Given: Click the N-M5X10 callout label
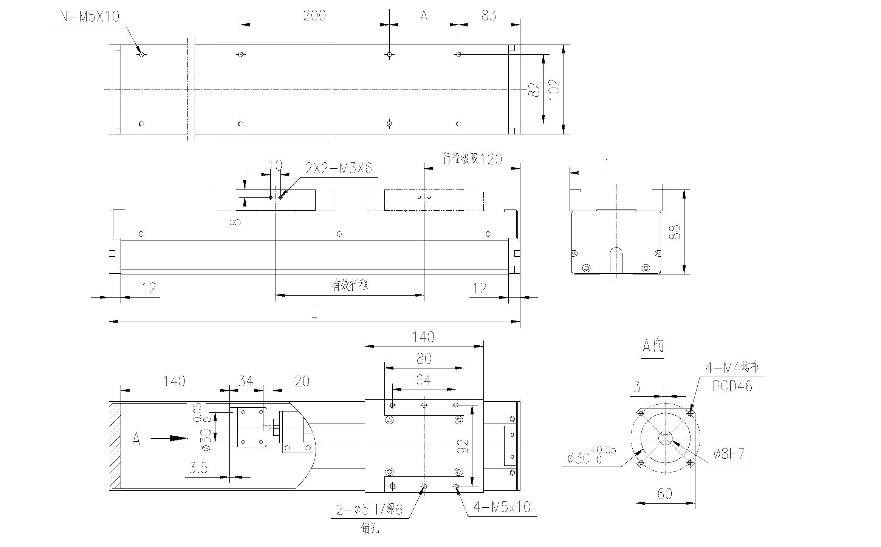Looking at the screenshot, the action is pyautogui.click(x=90, y=16).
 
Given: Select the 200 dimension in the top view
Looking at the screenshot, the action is pyautogui.click(x=314, y=15).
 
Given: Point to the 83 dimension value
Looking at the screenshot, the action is pyautogui.click(x=489, y=15).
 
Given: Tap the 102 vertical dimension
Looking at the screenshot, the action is pyautogui.click(x=554, y=89).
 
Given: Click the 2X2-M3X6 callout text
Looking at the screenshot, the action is pyautogui.click(x=339, y=168).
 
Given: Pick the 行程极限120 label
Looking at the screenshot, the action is pyautogui.click(x=472, y=159).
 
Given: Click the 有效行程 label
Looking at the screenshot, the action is pyautogui.click(x=350, y=285).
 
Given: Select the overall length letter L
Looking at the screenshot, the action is pyautogui.click(x=314, y=313).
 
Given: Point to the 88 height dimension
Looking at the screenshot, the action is pyautogui.click(x=674, y=232).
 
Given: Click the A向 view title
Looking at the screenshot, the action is pyautogui.click(x=653, y=346).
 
